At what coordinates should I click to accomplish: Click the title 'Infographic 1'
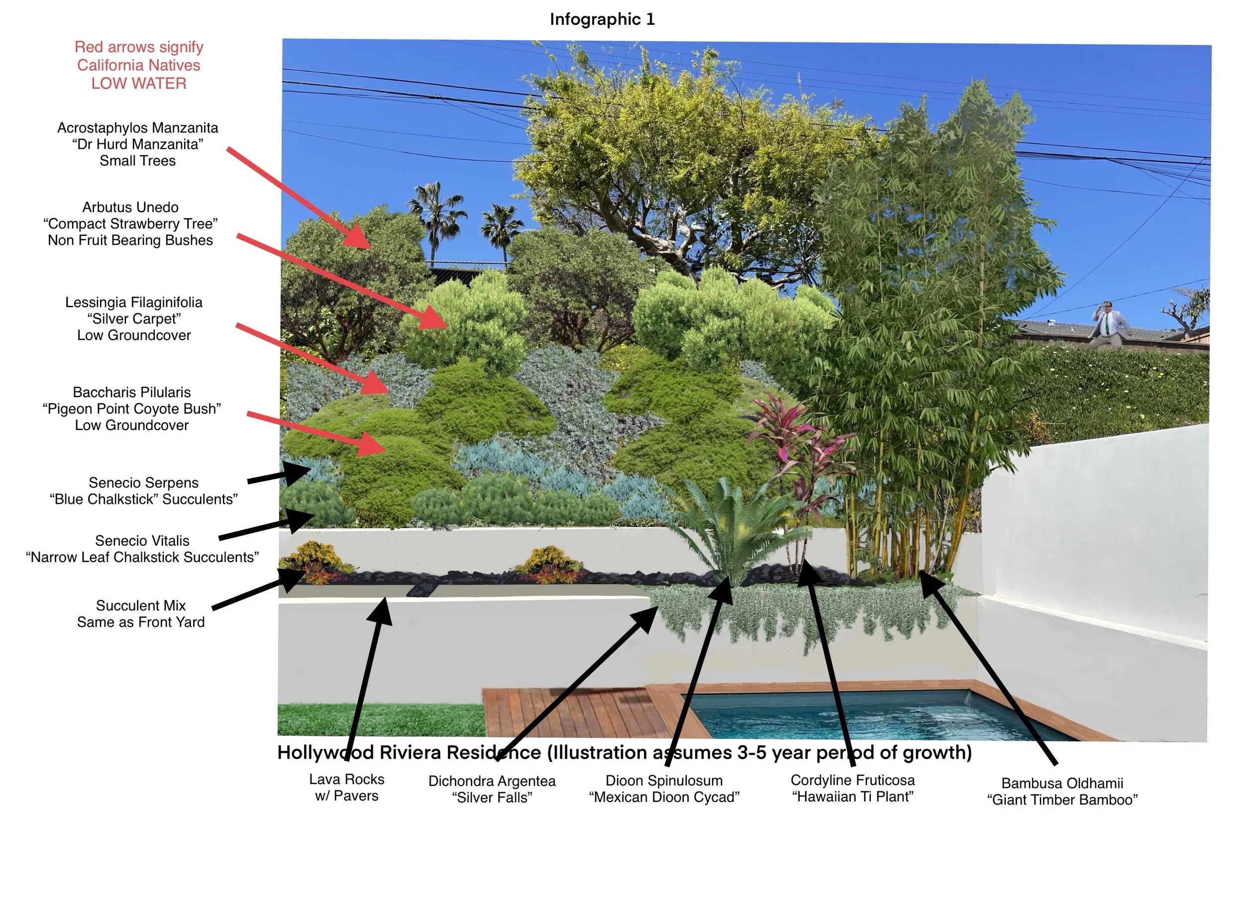[602, 20]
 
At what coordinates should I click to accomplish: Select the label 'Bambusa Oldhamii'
[1062, 783]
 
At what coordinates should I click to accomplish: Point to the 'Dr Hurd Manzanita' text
[138, 144]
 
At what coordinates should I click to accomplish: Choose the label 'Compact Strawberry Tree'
[130, 224]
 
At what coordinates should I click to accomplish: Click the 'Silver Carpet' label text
[134, 319]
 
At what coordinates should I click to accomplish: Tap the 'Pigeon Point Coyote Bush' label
[132, 409]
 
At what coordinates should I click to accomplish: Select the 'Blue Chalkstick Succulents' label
[144, 499]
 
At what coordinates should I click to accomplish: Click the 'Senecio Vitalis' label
[142, 541]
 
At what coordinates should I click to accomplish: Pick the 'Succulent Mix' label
[141, 606]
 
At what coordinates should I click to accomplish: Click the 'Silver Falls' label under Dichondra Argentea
[492, 797]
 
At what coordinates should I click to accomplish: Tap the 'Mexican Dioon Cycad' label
[664, 796]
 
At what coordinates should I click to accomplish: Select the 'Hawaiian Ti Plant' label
[852, 796]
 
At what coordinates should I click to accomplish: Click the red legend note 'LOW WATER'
[139, 84]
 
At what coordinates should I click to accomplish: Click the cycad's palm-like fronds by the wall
[729, 527]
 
